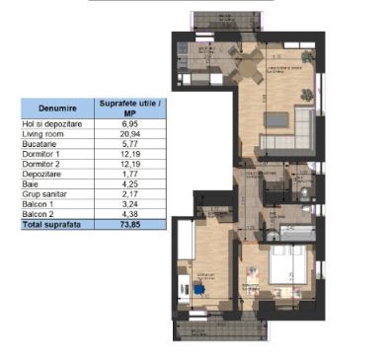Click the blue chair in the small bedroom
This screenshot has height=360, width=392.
point(200,290)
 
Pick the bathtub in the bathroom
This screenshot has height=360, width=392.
point(293,233)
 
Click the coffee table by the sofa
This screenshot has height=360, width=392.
point(280,119)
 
